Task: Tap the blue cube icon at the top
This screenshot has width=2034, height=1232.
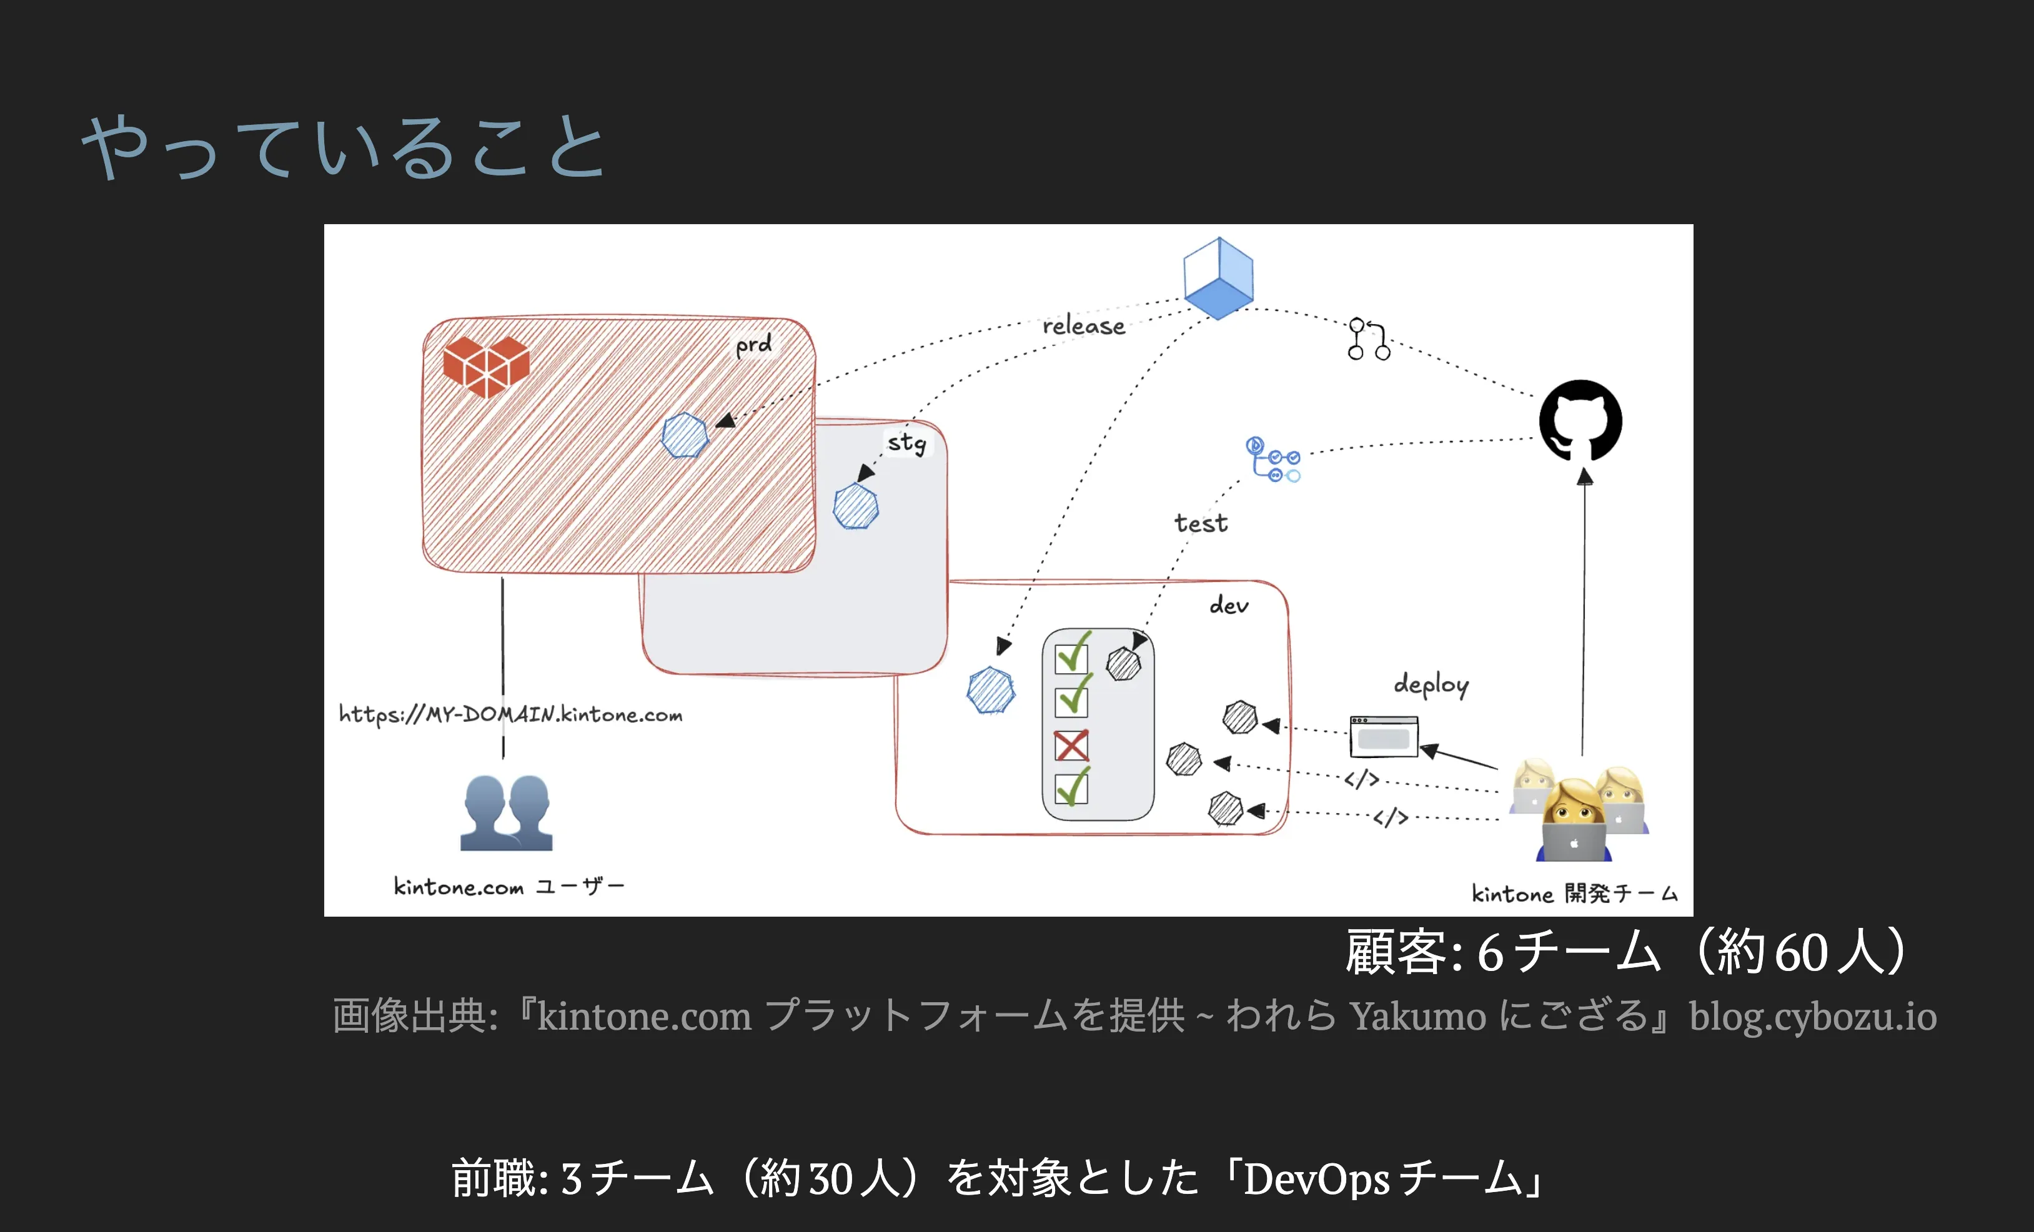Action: point(1218,278)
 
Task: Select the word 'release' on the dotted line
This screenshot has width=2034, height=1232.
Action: point(1084,326)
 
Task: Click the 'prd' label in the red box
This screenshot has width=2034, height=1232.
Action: point(753,345)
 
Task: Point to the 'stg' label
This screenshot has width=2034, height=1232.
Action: point(907,443)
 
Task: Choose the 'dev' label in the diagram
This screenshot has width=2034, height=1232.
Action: point(1229,606)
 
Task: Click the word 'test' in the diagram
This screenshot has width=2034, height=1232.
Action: point(1201,523)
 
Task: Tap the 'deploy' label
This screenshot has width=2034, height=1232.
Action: point(1431,685)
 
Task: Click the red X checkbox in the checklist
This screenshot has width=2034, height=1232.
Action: point(1071,745)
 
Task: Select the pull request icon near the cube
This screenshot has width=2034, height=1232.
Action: point(1369,339)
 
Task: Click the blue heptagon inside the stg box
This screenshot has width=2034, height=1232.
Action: point(856,506)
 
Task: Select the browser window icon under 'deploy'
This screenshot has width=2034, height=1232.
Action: point(1384,736)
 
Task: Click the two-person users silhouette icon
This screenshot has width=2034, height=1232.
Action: point(506,813)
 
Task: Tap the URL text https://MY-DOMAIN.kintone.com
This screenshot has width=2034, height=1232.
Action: point(511,714)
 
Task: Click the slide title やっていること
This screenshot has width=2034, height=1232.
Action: point(344,147)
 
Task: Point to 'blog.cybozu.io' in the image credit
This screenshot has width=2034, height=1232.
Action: point(1813,1016)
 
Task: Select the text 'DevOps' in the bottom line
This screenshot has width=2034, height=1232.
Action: point(1317,1178)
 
